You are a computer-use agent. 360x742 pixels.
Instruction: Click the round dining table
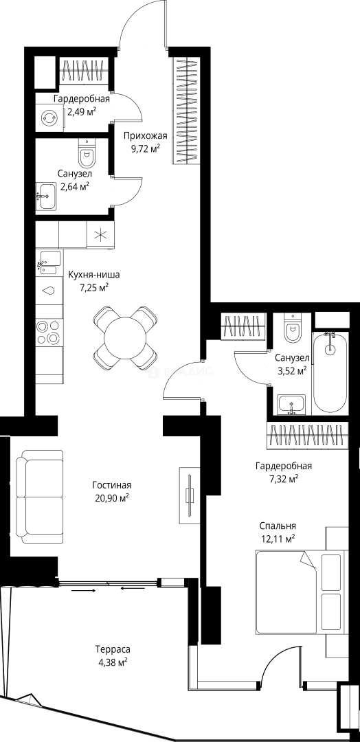125,338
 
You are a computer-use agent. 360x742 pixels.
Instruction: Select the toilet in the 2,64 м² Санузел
86,151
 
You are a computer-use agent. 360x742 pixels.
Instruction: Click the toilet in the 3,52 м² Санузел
293,328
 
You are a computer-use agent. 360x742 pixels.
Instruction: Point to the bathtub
330,372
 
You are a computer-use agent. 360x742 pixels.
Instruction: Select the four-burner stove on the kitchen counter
49,332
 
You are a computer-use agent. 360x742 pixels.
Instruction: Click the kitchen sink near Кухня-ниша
49,263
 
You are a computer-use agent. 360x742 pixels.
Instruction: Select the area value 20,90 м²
112,497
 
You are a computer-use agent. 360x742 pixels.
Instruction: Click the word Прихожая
146,136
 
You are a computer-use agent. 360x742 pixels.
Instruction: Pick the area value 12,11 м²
278,537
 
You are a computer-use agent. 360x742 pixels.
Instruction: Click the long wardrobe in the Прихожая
185,111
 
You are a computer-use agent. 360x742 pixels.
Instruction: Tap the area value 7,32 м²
283,478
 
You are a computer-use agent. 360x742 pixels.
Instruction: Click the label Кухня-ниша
93,275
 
